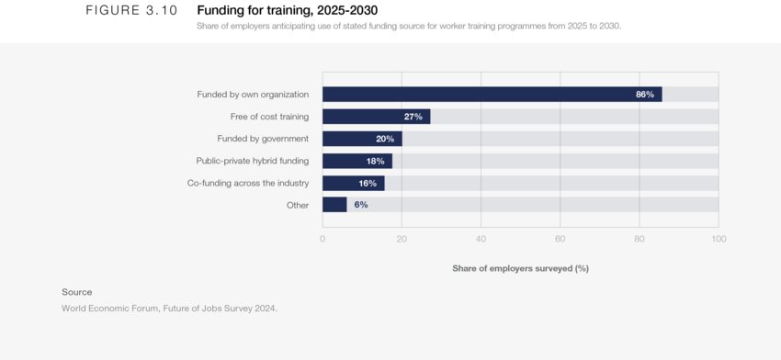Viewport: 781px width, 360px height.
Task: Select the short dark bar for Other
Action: (x=334, y=205)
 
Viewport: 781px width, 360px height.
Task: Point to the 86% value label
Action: (x=645, y=95)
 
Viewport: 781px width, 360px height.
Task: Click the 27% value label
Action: (x=413, y=117)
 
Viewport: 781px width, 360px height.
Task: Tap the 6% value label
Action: (x=361, y=205)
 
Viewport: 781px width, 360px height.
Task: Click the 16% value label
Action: (x=368, y=183)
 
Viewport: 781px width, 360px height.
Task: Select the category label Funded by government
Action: (x=263, y=139)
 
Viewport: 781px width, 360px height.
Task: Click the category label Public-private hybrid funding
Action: (x=253, y=161)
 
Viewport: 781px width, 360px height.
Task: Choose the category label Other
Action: (x=298, y=205)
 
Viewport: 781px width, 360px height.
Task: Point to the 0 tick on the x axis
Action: (x=323, y=239)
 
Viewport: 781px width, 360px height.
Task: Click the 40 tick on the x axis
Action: (x=481, y=239)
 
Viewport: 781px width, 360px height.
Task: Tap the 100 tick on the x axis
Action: (x=719, y=239)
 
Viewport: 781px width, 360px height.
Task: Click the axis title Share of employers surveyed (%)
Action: (x=520, y=268)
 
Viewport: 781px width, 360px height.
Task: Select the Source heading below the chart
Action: (x=77, y=292)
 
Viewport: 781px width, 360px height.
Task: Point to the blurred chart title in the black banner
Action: (x=409, y=26)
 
